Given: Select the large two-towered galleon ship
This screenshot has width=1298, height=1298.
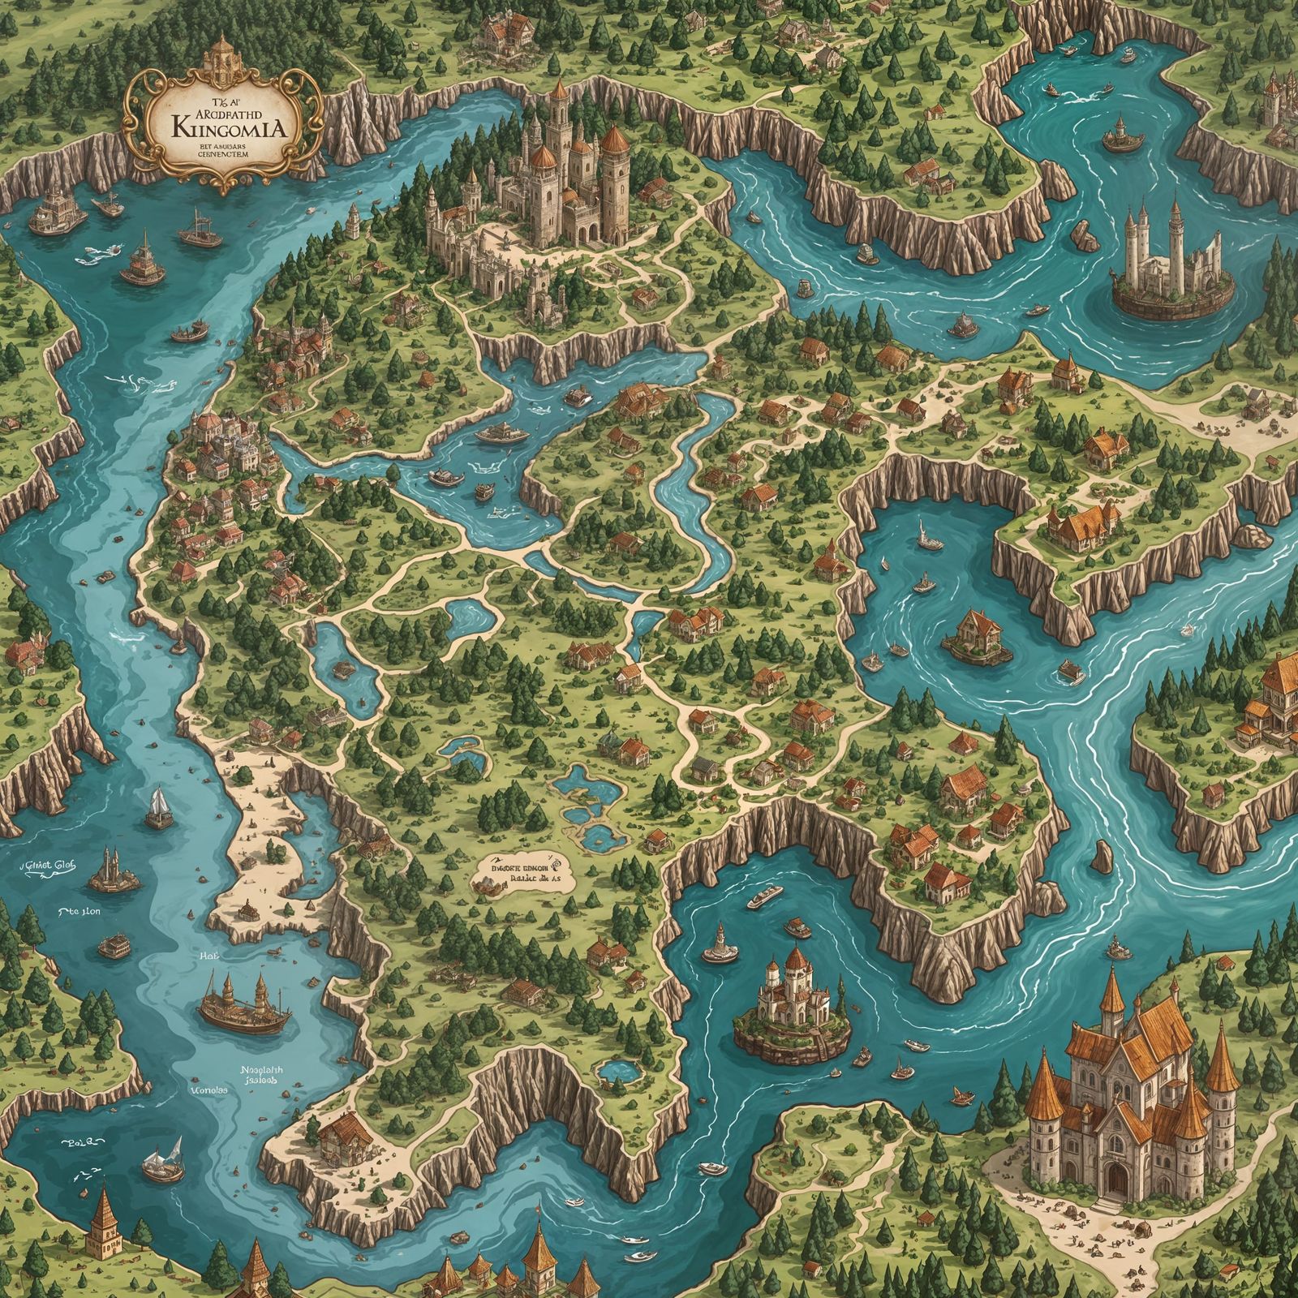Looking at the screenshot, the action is coord(243,1006).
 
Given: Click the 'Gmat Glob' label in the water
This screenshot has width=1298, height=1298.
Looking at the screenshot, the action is coord(46,866).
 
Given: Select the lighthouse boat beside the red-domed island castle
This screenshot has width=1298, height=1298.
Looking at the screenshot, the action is coord(720,943).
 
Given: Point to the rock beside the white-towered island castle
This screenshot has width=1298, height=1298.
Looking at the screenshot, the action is coord(1085,234).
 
